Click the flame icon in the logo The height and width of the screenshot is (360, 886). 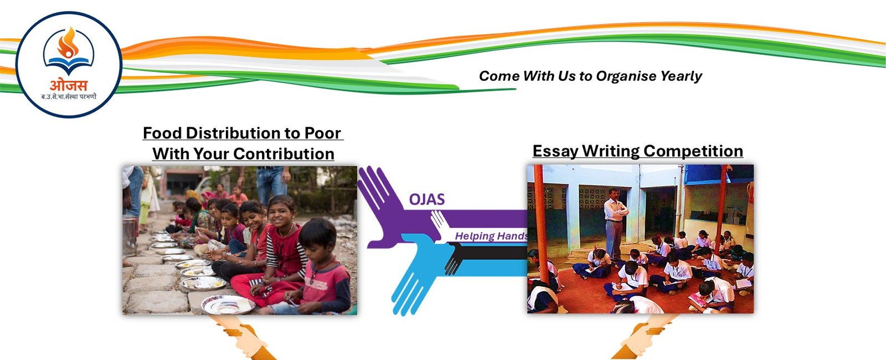click(x=69, y=43)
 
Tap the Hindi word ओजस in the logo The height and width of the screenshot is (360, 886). click(x=69, y=85)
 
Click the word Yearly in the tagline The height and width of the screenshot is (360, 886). click(x=681, y=76)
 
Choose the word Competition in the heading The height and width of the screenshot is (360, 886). click(x=693, y=151)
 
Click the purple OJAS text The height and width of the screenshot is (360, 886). click(x=427, y=199)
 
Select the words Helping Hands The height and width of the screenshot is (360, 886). click(x=491, y=236)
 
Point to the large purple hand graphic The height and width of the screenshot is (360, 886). click(x=388, y=205)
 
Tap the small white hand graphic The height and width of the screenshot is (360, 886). click(x=441, y=225)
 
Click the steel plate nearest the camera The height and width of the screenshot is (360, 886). click(x=227, y=304)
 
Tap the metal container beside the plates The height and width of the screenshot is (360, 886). click(x=130, y=235)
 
